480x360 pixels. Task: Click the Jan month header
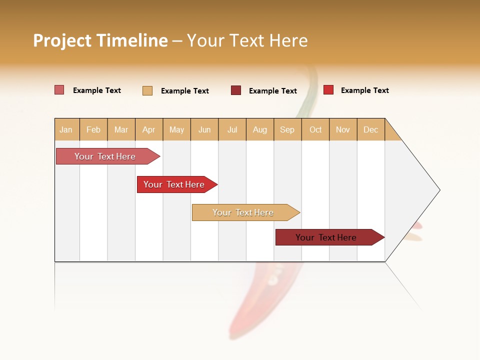[66, 129]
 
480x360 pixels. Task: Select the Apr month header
[148, 129]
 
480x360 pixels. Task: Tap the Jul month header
[232, 129]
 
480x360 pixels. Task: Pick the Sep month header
[287, 129]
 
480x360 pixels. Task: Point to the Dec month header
[370, 129]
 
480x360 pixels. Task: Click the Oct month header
[315, 129]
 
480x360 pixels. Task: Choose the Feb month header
[93, 129]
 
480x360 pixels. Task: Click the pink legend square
[59, 90]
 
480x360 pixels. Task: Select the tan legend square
[147, 90]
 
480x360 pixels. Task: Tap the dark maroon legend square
[236, 90]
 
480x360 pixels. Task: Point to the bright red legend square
[328, 90]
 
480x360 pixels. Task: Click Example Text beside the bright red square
[364, 90]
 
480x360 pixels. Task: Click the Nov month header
[343, 129]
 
